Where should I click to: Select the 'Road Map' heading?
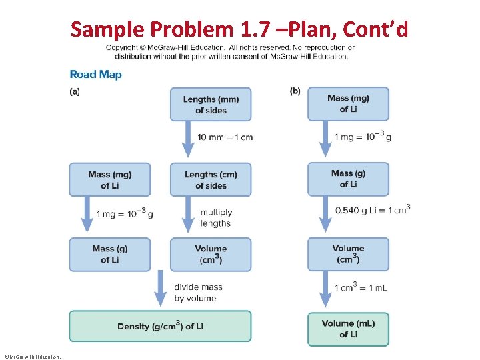click(96, 75)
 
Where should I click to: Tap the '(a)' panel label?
click(75, 92)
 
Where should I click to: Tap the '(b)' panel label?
click(295, 92)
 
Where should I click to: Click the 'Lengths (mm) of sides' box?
click(211, 105)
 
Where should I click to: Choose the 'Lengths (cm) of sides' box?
click(211, 180)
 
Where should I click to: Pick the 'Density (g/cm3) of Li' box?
click(160, 326)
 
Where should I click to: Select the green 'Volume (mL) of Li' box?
click(348, 329)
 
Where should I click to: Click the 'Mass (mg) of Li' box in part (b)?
click(348, 103)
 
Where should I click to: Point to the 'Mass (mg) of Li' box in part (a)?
click(110, 180)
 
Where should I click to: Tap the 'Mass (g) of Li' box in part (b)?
click(348, 179)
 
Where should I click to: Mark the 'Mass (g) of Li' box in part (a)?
click(110, 254)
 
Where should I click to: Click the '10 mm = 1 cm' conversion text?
click(225, 137)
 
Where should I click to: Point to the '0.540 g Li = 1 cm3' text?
click(373, 210)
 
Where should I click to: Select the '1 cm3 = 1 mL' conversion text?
click(360, 287)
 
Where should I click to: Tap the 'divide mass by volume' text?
click(198, 292)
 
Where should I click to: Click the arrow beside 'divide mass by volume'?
click(160, 289)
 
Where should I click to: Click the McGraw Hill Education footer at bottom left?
click(32, 357)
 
